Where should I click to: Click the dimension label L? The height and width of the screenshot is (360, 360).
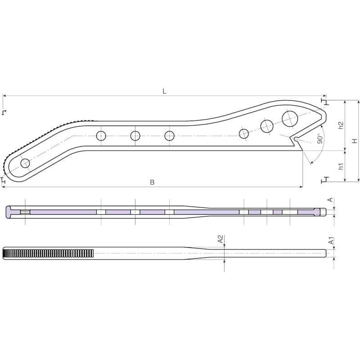164,91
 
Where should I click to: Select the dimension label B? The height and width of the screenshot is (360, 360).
152,182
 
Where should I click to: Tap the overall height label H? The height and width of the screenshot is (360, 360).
355,141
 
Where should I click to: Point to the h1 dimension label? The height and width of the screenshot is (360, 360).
341,166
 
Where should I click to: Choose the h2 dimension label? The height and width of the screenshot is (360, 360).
341,126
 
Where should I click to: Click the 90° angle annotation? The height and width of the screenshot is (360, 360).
320,138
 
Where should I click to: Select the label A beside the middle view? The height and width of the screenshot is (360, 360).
330,199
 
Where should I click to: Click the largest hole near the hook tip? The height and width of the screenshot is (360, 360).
289,118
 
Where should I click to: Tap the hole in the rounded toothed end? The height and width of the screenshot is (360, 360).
25,163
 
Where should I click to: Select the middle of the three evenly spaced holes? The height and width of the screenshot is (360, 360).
135,135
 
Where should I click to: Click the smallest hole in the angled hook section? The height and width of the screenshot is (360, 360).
244,133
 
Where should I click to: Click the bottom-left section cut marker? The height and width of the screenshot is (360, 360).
4,180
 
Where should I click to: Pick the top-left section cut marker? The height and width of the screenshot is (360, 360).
4,112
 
